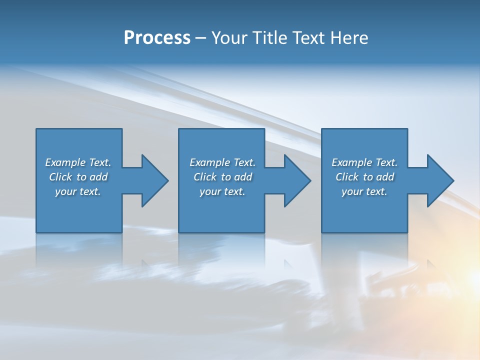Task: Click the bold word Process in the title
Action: [157, 38]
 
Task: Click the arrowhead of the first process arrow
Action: [155, 180]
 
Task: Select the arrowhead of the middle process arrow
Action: [297, 180]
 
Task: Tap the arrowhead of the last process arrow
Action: [440, 180]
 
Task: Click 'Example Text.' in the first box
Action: [78, 162]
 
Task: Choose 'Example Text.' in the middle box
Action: [222, 162]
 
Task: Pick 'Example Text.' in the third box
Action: [364, 162]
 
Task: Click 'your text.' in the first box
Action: [78, 191]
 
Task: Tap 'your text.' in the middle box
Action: [222, 191]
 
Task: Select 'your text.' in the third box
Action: [364, 191]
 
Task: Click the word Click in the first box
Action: [60, 177]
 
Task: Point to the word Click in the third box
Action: [347, 177]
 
